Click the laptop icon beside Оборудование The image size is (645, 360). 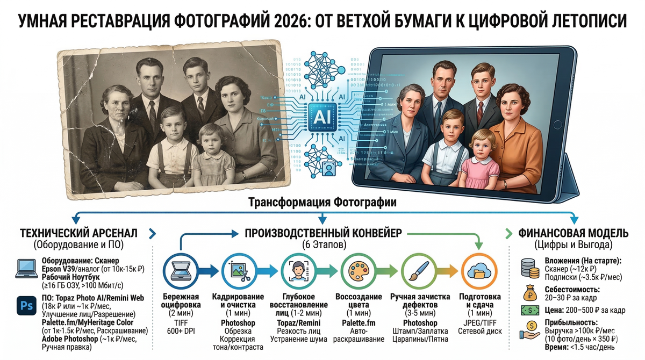pyautogui.click(x=25, y=268)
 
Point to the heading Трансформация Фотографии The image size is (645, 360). pyautogui.click(x=322, y=203)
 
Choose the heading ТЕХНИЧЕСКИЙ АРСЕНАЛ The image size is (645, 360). pyautogui.click(x=78, y=233)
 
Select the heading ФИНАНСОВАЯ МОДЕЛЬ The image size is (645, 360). pyautogui.click(x=573, y=233)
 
